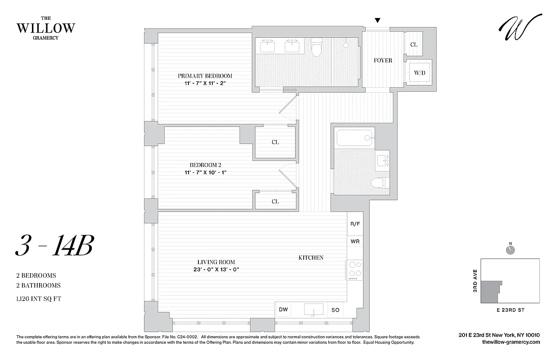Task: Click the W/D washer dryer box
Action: click(419, 72)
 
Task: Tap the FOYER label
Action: click(383, 60)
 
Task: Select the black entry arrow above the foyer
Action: click(378, 20)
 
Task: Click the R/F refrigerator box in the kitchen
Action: click(355, 224)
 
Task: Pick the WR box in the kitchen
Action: click(355, 242)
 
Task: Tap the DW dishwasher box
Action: click(283, 309)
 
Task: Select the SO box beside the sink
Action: click(335, 309)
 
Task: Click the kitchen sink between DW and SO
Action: click(314, 309)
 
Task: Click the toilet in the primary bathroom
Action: click(317, 47)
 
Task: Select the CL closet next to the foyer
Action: click(414, 45)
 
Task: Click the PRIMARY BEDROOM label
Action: click(205, 76)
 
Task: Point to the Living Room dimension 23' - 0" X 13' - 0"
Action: click(216, 270)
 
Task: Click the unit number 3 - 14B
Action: click(54, 246)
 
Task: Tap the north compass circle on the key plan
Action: click(510, 249)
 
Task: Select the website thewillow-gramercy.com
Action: click(510, 342)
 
